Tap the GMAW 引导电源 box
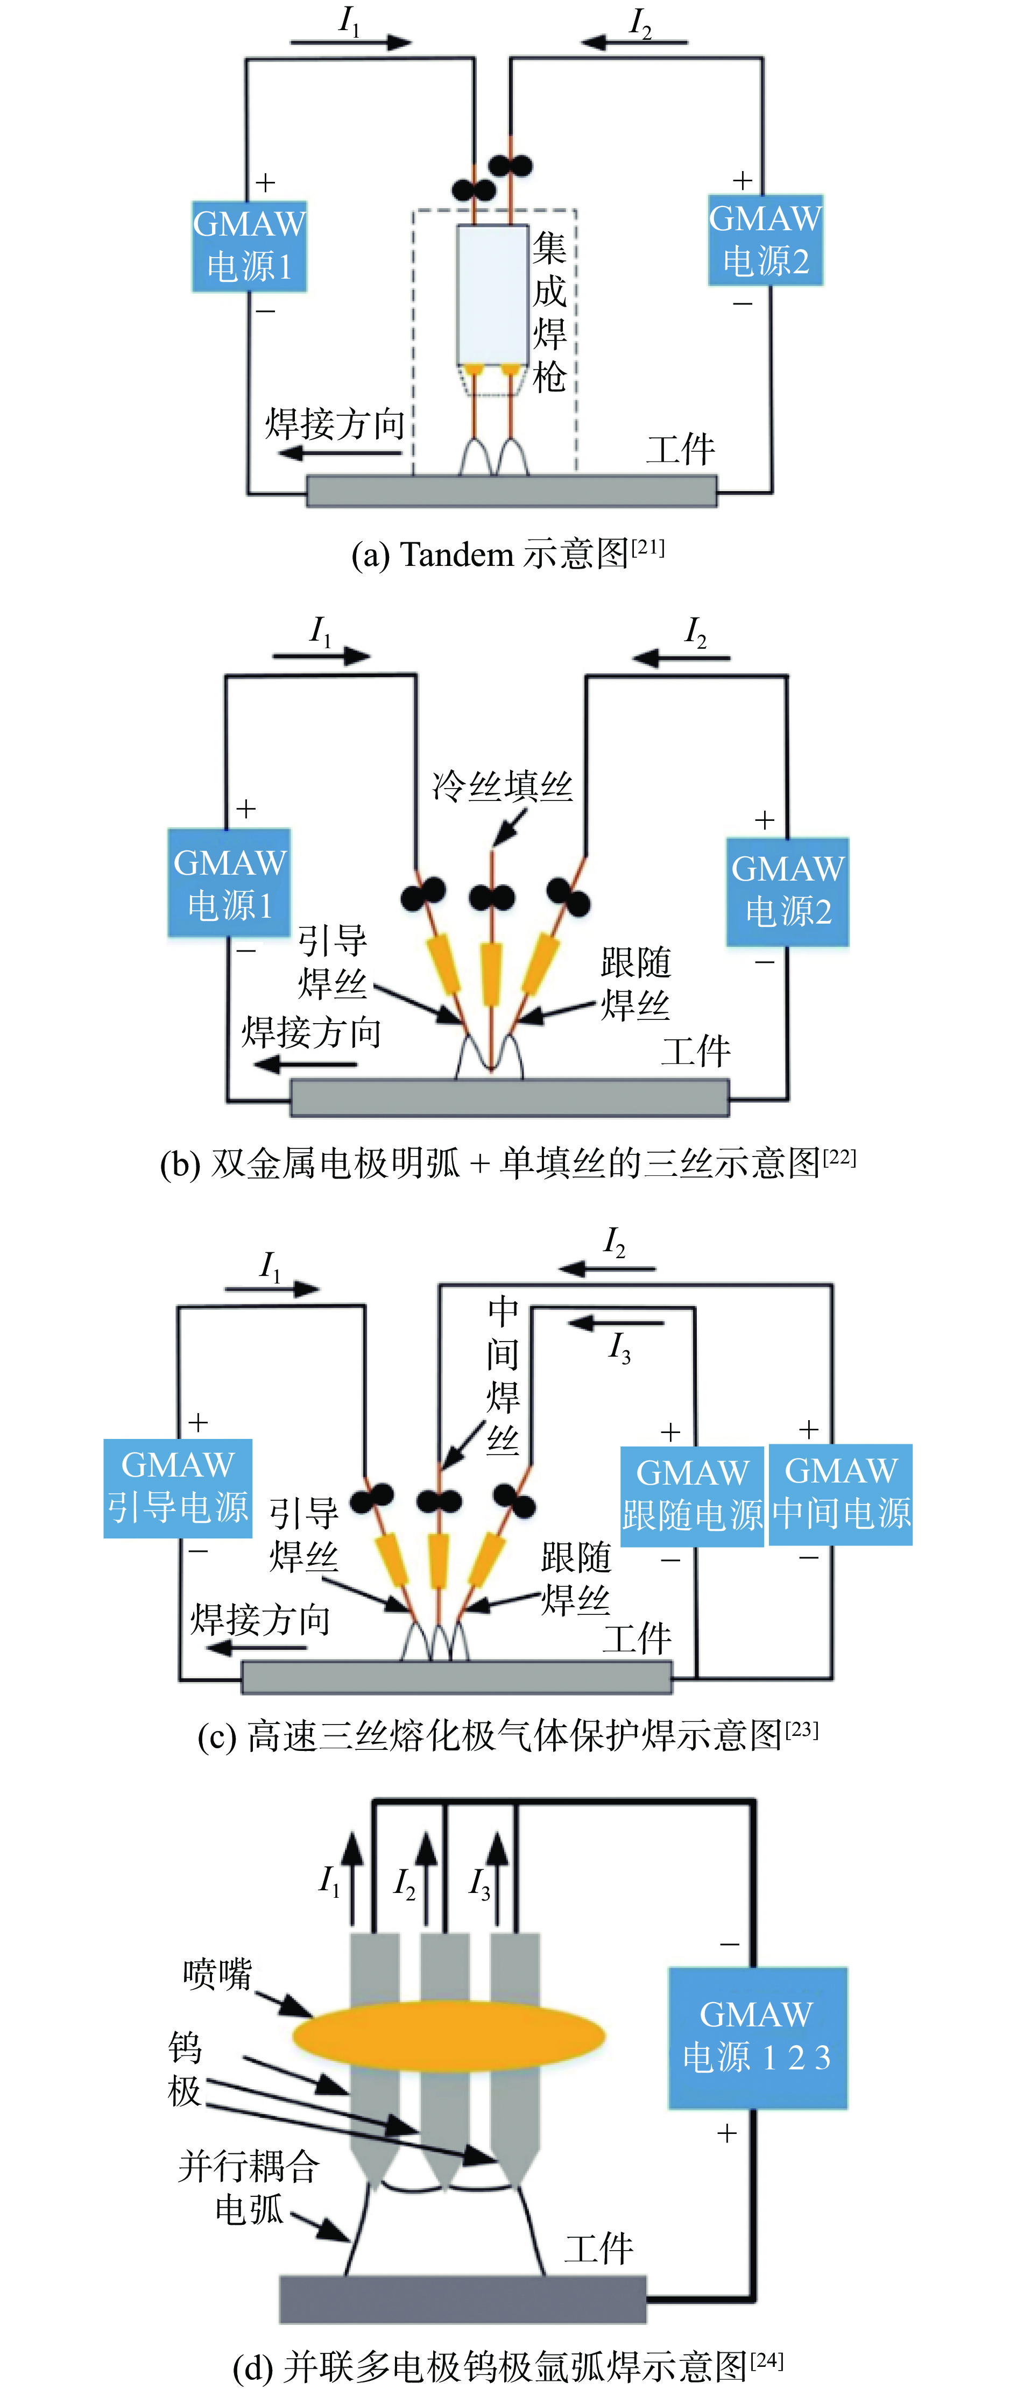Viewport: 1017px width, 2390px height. [177, 1488]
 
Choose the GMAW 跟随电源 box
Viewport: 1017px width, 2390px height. [692, 1495]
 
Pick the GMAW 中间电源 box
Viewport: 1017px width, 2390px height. [841, 1494]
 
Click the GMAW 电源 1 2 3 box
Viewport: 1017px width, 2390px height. [757, 2038]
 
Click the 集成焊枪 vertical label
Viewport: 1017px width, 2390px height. [549, 313]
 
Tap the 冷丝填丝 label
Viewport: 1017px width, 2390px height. [502, 786]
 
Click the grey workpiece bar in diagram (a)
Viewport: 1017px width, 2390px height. [511, 491]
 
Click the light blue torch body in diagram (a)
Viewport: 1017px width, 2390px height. [492, 294]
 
